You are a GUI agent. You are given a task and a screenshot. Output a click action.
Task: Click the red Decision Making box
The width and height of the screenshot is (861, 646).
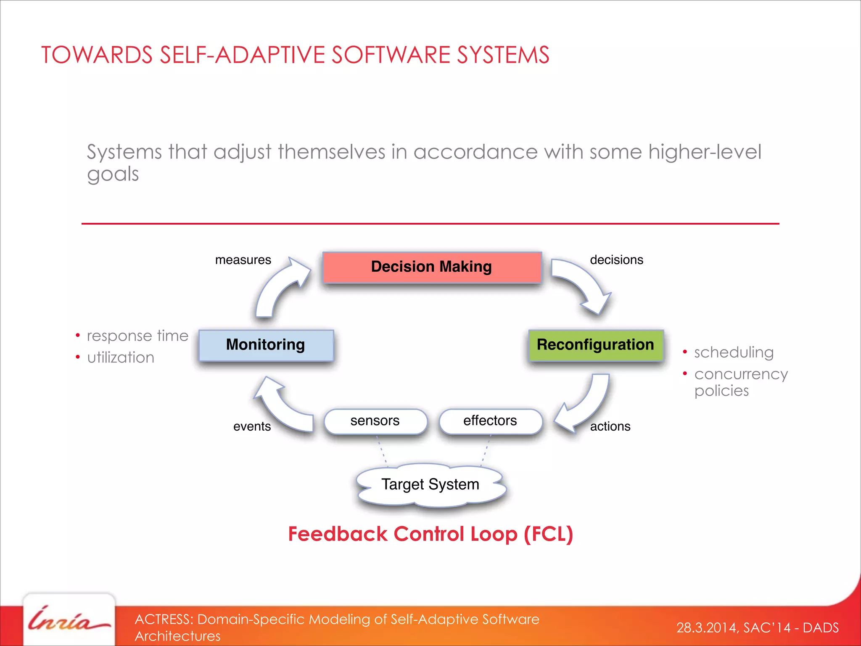click(432, 267)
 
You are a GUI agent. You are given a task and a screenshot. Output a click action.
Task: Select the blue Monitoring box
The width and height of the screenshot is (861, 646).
click(266, 345)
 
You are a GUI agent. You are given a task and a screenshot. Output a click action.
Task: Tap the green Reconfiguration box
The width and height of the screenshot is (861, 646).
click(595, 345)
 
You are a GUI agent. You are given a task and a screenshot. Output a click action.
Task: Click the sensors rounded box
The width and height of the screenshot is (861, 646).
click(375, 421)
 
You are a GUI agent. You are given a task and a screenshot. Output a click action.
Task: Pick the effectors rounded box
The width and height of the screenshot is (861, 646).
click(490, 421)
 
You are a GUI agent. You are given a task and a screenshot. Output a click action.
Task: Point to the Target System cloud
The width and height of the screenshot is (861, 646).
click(430, 484)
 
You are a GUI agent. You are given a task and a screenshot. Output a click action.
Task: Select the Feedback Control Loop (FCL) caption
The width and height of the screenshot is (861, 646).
click(430, 534)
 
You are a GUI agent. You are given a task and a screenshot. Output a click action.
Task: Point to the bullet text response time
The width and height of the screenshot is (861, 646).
click(137, 336)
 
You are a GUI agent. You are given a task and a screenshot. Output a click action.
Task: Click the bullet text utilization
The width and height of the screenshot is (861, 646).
click(121, 357)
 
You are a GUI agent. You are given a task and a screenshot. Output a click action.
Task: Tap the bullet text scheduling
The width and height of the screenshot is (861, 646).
click(734, 352)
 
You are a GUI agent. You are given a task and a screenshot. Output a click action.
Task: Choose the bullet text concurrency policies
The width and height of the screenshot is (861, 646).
click(741, 382)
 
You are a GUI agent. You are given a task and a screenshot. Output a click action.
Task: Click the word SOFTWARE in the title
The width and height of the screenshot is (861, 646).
click(391, 55)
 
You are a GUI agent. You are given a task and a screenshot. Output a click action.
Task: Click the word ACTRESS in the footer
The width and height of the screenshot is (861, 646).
click(163, 619)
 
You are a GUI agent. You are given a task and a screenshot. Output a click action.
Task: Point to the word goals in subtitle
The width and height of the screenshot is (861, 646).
click(113, 174)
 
